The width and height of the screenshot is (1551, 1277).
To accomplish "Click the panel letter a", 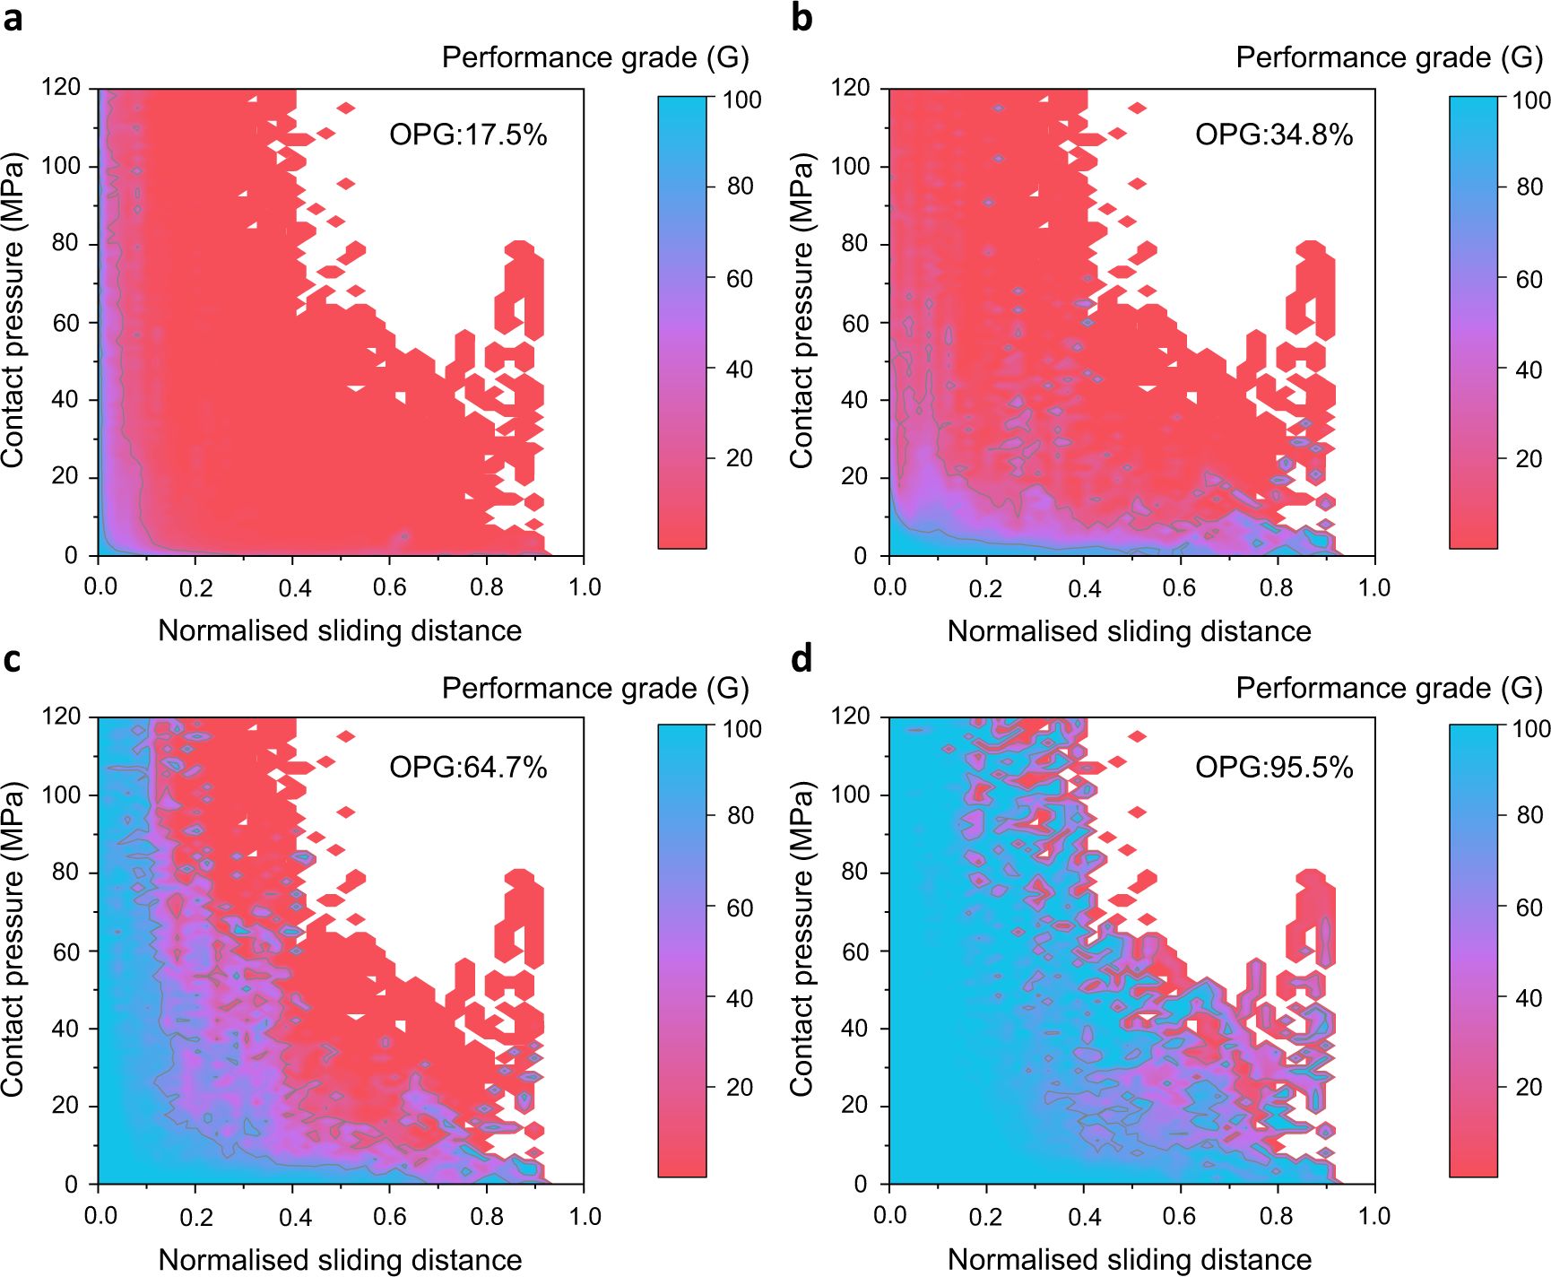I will tap(13, 18).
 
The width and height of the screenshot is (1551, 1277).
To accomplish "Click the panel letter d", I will tap(801, 659).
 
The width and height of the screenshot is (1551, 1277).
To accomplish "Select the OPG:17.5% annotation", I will tap(467, 135).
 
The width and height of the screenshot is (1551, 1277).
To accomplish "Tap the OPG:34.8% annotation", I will tap(1273, 135).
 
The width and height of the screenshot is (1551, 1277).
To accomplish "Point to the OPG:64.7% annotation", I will tap(467, 768).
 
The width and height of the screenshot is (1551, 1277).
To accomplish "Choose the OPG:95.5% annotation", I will tap(1273, 768).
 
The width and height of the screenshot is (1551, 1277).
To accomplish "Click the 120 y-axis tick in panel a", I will tap(61, 88).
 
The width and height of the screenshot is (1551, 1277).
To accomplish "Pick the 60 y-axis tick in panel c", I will tap(65, 951).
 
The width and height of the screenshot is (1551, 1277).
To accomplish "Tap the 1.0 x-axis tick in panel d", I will tap(1373, 1217).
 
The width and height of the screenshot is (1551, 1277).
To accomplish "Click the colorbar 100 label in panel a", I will tap(742, 100).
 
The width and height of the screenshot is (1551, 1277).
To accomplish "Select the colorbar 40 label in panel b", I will tap(1529, 369).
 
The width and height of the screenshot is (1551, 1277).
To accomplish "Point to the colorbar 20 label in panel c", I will tap(740, 1088).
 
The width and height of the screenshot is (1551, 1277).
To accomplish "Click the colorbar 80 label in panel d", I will tap(1529, 815).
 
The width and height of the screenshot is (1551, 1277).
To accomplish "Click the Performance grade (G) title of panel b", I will tap(1389, 58).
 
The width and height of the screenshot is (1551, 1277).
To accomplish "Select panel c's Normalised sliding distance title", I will tap(340, 1260).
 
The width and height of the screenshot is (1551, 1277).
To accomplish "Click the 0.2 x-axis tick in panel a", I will tap(195, 588).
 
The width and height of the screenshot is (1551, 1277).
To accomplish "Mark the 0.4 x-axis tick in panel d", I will tap(1084, 1217).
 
